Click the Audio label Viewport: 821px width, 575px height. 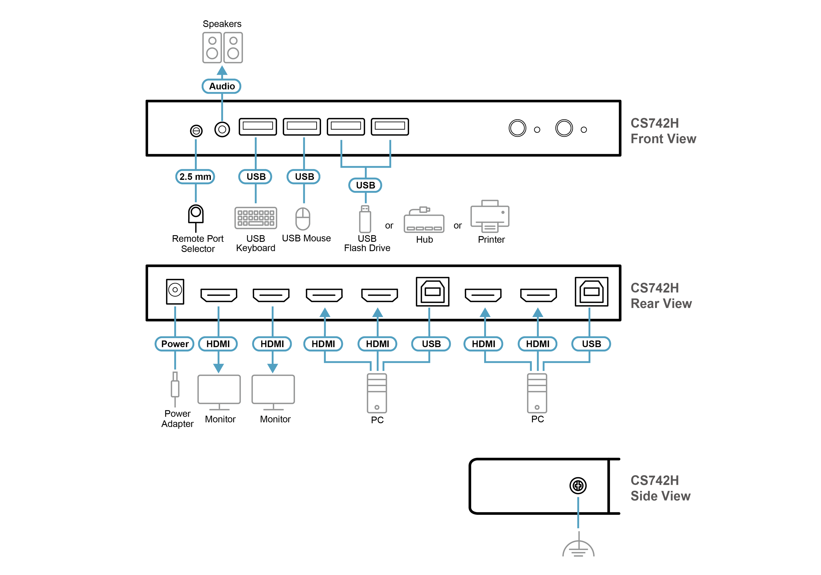(x=222, y=86)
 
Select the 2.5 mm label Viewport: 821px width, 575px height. (x=195, y=177)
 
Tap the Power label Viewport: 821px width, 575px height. (x=175, y=344)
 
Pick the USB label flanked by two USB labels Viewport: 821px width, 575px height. (x=304, y=177)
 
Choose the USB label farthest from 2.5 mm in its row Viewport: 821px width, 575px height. (x=365, y=185)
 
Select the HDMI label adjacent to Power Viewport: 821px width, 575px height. (x=218, y=344)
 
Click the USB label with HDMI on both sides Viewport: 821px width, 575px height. (x=431, y=344)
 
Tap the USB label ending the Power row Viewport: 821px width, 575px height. (x=591, y=344)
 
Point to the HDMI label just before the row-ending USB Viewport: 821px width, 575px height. (x=537, y=344)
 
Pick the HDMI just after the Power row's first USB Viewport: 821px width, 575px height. (x=484, y=344)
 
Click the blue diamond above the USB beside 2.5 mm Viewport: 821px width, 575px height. (x=256, y=145)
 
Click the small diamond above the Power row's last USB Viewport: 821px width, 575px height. (x=589, y=313)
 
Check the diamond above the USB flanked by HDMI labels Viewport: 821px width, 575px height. (x=429, y=313)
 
